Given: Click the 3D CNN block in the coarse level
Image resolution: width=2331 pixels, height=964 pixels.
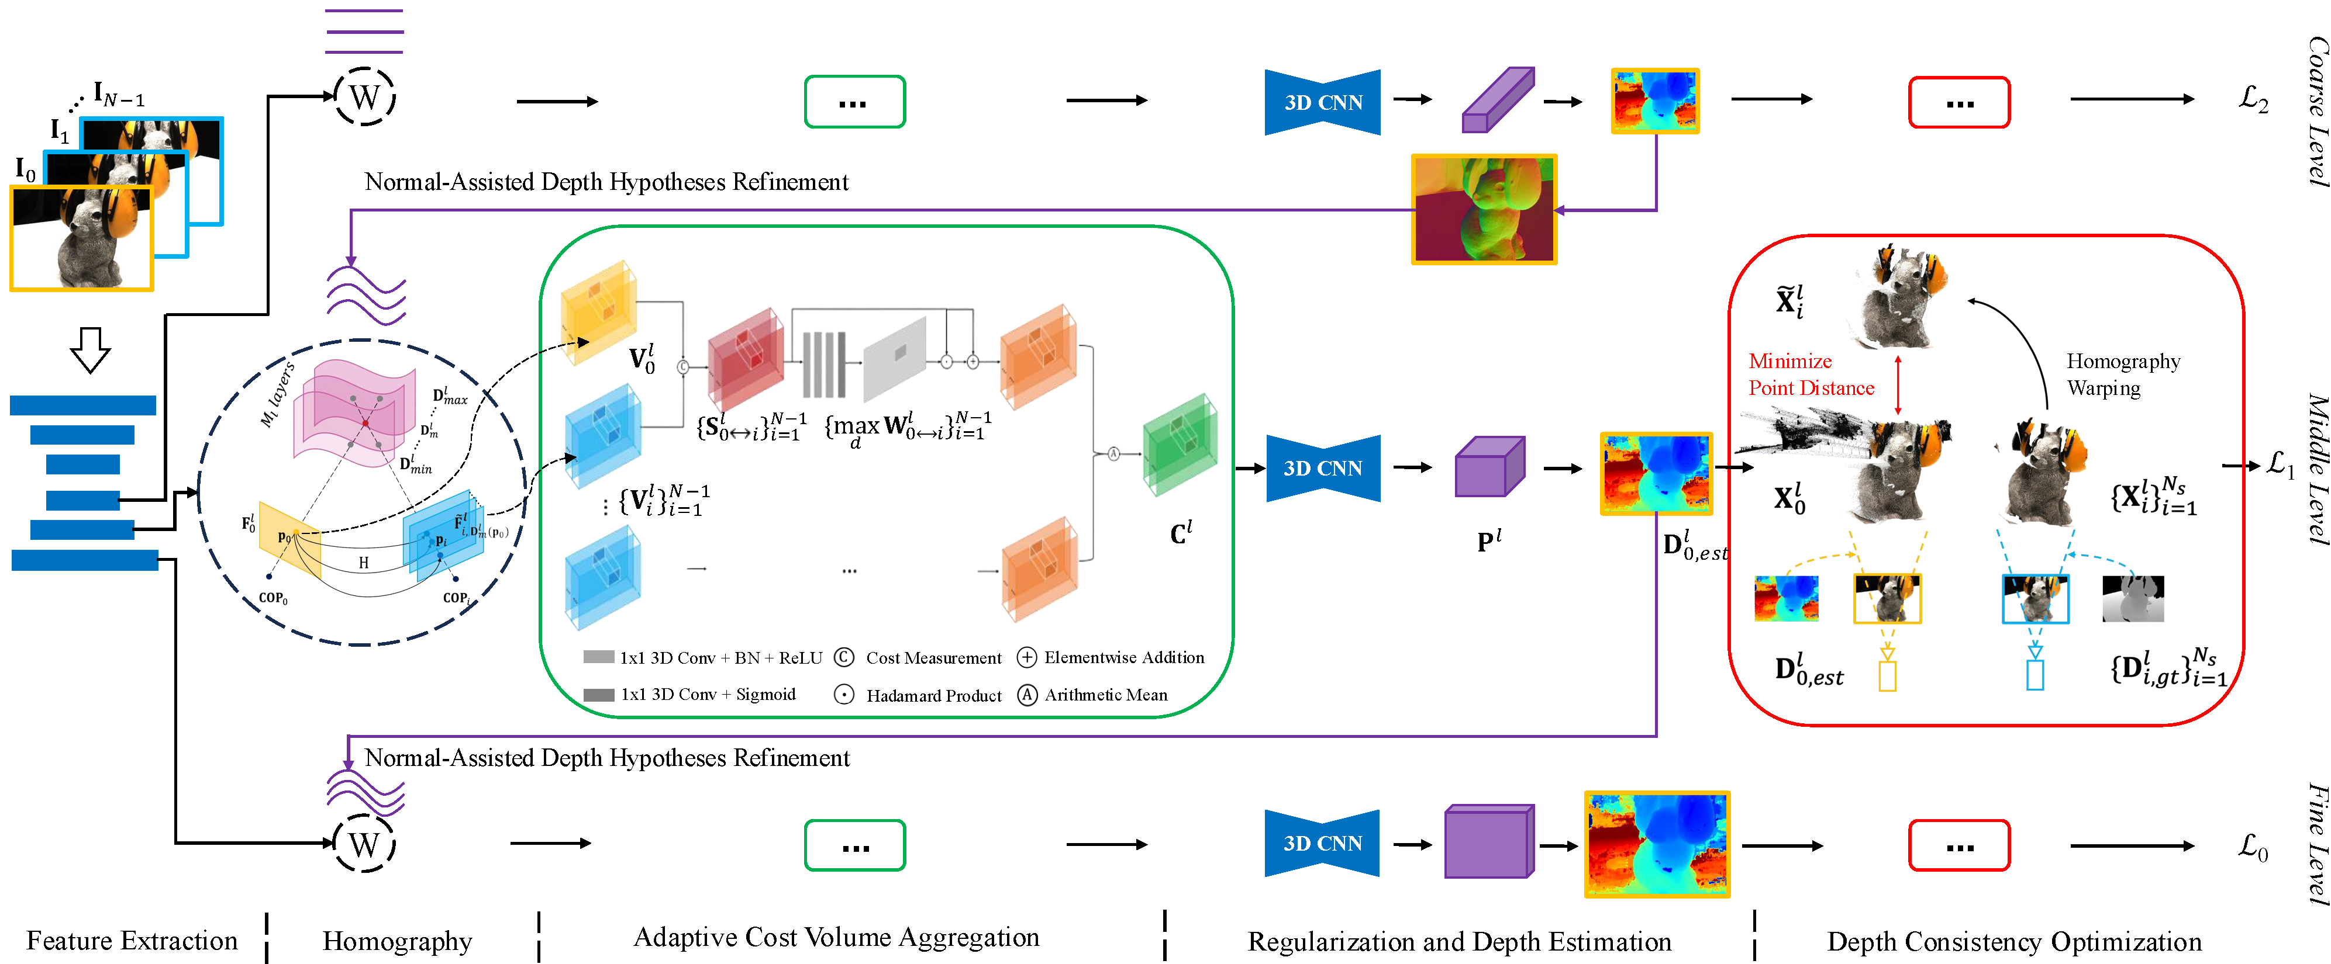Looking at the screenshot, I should (1322, 102).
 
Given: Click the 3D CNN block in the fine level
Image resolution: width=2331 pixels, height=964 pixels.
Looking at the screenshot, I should (1322, 843).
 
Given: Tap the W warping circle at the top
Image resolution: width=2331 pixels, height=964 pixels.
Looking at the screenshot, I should (365, 97).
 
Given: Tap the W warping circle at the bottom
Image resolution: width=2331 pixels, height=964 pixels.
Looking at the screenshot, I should (365, 844).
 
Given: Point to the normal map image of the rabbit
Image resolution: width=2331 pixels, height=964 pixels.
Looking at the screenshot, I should (1484, 209).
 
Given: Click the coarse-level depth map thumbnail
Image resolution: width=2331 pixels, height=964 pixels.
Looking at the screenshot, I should (1655, 101).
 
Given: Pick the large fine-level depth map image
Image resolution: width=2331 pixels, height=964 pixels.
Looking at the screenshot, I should (1657, 844).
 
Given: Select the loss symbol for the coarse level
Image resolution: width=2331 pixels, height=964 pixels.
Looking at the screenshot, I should (2253, 99).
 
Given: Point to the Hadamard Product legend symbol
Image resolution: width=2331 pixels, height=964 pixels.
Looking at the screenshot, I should (844, 695).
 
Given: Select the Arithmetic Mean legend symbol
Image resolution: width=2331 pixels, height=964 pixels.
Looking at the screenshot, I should (1027, 695).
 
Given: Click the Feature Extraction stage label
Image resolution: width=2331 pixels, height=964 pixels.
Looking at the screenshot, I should (132, 941).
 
